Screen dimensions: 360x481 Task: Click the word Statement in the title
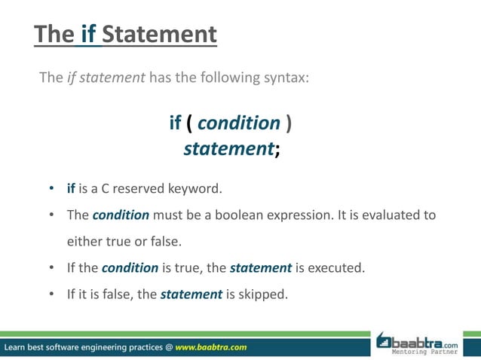coord(159,34)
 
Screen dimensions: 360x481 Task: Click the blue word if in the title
coord(90,34)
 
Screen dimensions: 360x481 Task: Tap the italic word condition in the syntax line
coord(238,123)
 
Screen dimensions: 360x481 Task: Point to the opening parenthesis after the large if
coord(188,123)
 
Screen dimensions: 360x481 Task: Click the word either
coord(85,241)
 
